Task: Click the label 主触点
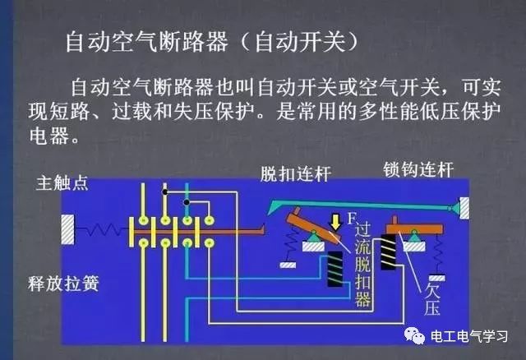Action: point(62,183)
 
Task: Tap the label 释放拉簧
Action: point(63,284)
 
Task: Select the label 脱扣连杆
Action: point(295,174)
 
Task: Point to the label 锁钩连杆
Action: point(418,169)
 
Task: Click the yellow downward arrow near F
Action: point(335,223)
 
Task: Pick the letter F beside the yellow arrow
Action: point(351,219)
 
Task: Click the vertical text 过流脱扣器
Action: point(362,265)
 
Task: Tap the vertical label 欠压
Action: point(431,299)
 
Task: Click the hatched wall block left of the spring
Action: point(67,229)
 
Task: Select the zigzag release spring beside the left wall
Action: point(101,230)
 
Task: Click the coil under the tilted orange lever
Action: point(335,269)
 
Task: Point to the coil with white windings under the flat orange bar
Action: point(388,252)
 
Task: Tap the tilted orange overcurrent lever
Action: point(314,227)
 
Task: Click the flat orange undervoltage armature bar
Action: point(414,228)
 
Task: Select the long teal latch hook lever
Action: point(362,205)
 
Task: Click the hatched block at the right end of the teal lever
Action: point(464,208)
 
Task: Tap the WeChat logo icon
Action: point(414,335)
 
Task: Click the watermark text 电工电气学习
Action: point(469,336)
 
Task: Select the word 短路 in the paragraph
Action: point(70,112)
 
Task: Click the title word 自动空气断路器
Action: point(147,42)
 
